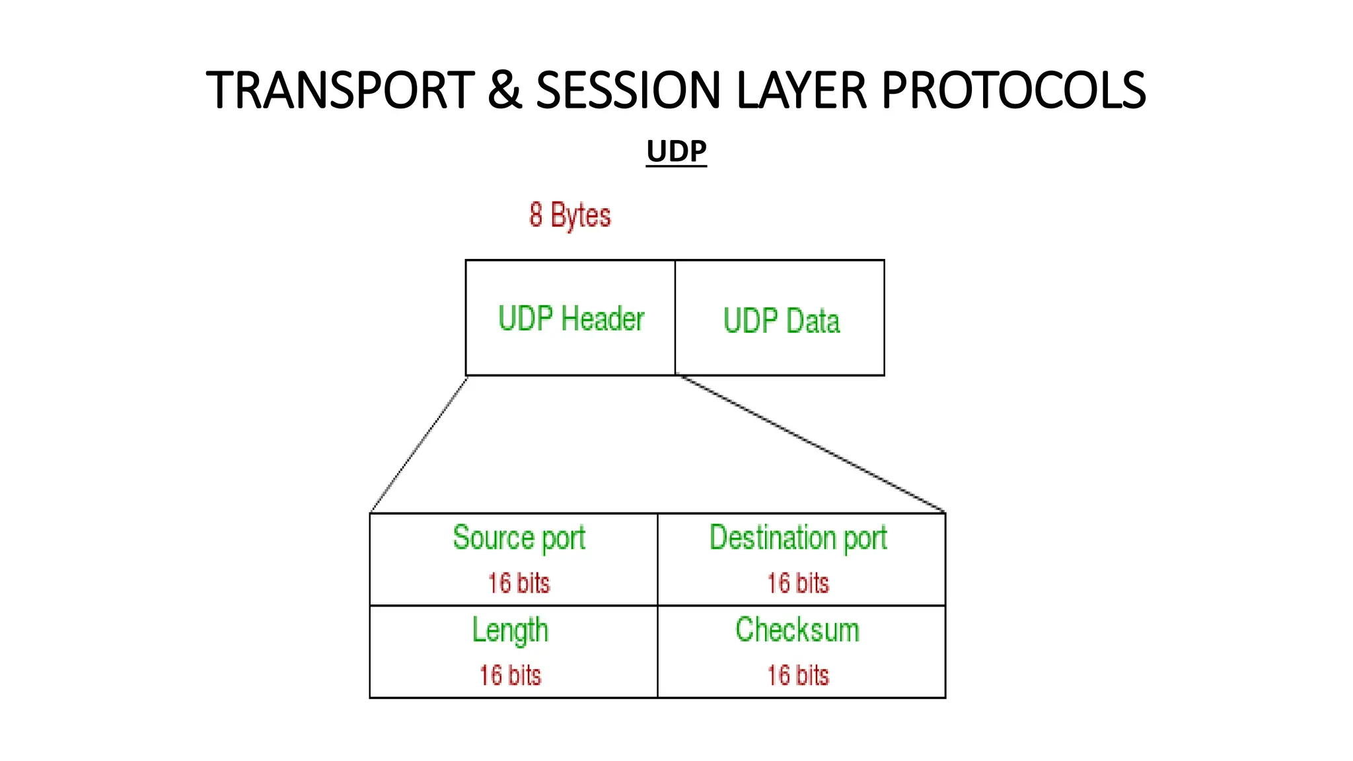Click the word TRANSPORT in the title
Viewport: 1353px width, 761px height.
[340, 91]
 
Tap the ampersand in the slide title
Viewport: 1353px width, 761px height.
[505, 91]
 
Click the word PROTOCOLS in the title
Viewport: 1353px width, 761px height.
[1013, 91]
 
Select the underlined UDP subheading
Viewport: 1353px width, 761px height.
[676, 152]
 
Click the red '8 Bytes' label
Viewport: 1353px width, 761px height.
[570, 215]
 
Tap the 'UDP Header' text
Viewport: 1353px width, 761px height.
[571, 318]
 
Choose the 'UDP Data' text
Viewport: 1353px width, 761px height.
[782, 321]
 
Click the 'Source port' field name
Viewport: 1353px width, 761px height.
[519, 538]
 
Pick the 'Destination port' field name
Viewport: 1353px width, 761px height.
[798, 538]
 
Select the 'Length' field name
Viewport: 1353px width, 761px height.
[510, 630]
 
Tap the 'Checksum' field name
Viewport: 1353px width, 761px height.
[797, 630]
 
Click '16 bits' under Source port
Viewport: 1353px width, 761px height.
[519, 583]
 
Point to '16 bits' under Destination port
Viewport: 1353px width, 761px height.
[798, 583]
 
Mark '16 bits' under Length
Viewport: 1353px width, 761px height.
[510, 675]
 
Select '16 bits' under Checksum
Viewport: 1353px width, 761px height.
[798, 675]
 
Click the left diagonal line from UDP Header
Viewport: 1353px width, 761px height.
[419, 445]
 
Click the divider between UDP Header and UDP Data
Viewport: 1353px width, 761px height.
[675, 318]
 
